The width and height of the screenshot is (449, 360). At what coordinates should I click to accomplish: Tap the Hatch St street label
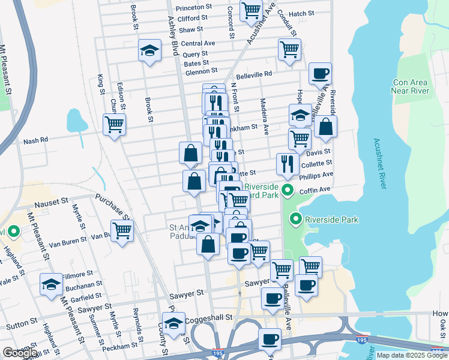[302, 13]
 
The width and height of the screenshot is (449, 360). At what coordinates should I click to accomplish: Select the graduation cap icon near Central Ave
[149, 51]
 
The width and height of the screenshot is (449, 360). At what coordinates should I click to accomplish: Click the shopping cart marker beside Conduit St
[289, 50]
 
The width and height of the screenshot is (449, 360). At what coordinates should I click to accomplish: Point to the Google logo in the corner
[19, 352]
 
